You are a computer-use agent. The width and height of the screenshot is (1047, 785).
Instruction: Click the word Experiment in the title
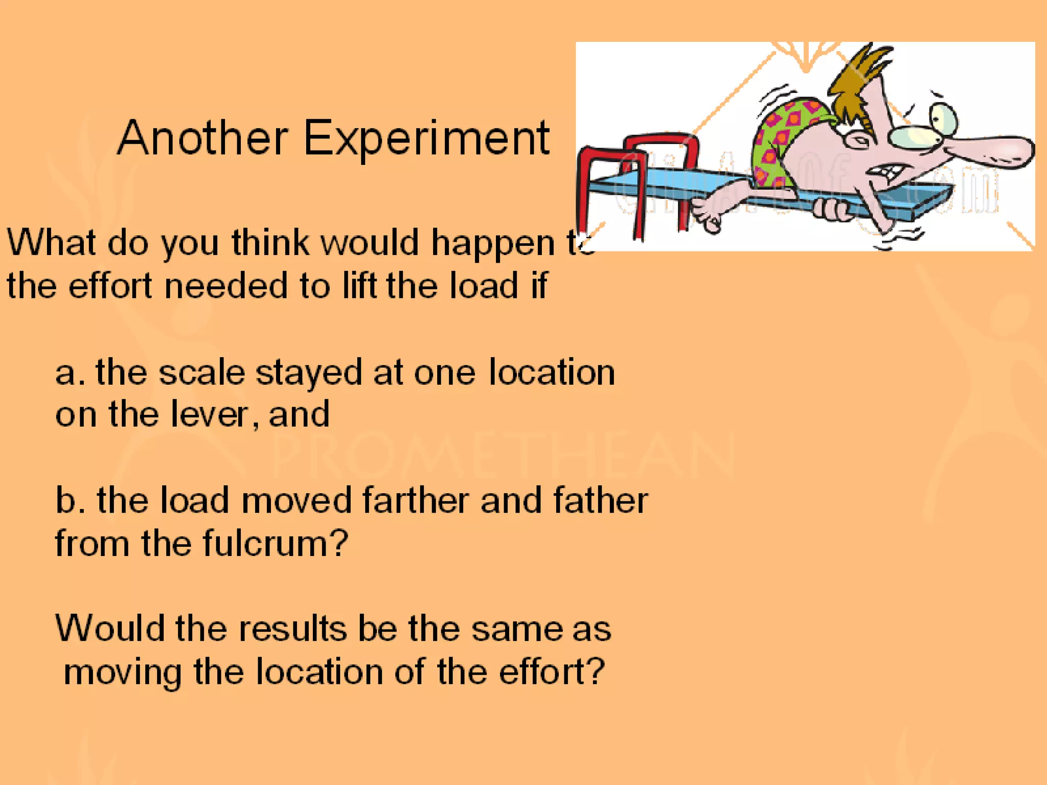pos(426,139)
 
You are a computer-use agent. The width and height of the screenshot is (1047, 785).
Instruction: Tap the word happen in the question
pos(493,243)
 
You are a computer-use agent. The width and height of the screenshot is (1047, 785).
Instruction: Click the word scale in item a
pos(201,373)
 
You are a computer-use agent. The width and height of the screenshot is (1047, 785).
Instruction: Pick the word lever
pos(209,414)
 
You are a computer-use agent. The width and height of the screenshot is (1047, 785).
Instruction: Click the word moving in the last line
pos(123,673)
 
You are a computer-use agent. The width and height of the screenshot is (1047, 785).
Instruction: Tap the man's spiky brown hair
pos(864,82)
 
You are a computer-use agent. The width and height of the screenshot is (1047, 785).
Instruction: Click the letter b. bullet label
pos(69,500)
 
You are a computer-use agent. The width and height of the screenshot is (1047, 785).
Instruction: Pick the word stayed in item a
pos(309,374)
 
